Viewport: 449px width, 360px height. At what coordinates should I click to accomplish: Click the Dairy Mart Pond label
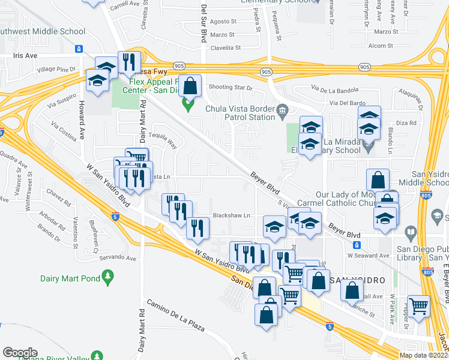[x=65, y=278]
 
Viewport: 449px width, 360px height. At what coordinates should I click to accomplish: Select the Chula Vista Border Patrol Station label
[x=240, y=113]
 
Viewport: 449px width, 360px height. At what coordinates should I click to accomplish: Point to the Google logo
[x=19, y=353]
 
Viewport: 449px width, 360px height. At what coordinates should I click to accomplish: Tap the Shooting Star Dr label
[x=231, y=88]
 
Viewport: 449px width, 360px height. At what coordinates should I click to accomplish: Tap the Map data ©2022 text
[x=422, y=355]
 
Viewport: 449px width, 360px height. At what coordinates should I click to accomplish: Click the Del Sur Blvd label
[x=204, y=24]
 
